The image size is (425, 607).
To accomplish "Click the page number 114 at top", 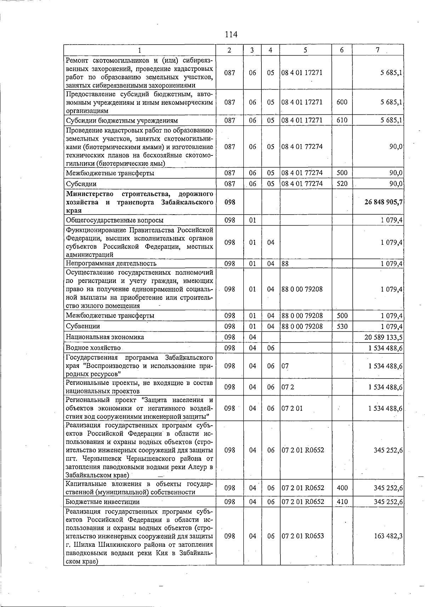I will tap(231, 34).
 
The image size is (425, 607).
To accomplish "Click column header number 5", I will tap(305, 50).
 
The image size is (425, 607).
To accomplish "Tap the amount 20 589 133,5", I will tap(383, 337).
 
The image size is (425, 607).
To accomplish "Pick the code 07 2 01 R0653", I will tap(302, 536).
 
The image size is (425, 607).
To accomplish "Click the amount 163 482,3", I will tap(388, 536).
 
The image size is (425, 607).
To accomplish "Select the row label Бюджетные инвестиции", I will tap(103, 502).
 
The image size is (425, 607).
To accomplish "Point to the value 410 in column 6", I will tap(342, 501).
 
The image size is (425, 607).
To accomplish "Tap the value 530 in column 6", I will tap(342, 326).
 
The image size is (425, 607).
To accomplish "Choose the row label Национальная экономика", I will tap(105, 337).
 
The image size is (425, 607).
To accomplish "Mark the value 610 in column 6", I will tap(342, 120).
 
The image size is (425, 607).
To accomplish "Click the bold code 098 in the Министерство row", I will tap(229, 202).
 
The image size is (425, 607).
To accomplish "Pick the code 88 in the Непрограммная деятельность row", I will tap(285, 263).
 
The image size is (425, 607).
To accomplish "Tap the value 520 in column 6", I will tap(342, 183).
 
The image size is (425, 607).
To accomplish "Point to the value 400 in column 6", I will tap(342, 488).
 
